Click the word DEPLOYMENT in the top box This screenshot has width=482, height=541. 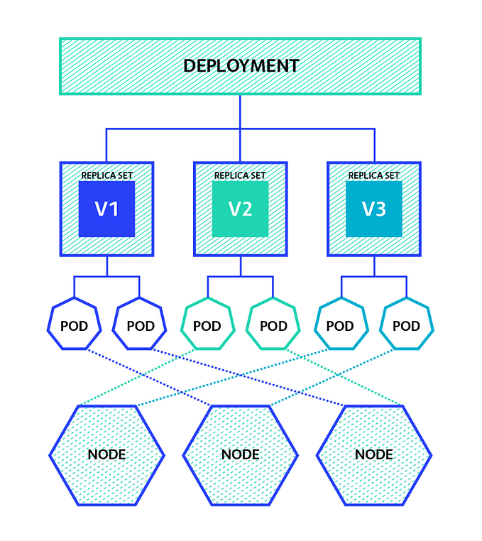point(241,66)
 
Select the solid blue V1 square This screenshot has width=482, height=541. point(106,209)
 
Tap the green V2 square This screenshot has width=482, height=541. point(240,209)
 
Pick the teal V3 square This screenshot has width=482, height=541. point(373,209)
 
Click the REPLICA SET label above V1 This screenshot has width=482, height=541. point(106,175)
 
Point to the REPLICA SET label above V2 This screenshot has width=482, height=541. point(240,175)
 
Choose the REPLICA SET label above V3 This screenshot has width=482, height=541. point(373,175)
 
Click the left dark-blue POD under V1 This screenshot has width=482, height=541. point(74,326)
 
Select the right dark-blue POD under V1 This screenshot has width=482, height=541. point(140,326)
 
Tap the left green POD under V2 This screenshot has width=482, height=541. point(207,326)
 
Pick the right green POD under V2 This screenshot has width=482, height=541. point(273,326)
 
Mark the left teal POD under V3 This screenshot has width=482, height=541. point(341,326)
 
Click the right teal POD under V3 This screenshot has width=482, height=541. point(407,326)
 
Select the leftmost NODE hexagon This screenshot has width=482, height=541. point(106,454)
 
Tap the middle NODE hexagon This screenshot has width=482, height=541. point(240,454)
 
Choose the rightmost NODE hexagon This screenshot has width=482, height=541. point(373,454)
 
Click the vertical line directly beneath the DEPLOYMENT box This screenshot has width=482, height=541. point(240,111)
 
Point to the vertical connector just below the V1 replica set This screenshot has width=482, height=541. point(106,266)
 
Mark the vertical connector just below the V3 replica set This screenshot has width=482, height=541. point(373,266)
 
